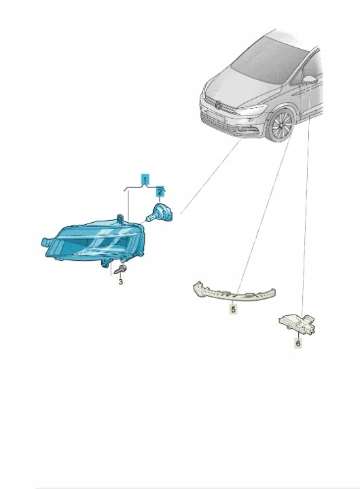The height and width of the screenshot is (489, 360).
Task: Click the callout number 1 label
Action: [145, 179]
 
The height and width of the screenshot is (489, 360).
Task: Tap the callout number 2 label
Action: [160, 191]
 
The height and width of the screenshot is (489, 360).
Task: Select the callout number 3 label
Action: [120, 282]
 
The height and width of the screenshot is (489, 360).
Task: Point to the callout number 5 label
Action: [233, 309]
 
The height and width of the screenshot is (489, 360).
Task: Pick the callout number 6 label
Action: [298, 344]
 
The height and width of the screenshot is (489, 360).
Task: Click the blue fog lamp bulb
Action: [159, 213]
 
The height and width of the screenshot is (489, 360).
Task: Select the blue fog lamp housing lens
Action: [94, 240]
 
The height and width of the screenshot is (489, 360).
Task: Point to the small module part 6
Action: [297, 324]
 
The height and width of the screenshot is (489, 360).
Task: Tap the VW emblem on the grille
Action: [219, 105]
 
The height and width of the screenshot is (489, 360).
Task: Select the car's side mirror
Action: [310, 79]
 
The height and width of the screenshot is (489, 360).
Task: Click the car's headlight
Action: [251, 109]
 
